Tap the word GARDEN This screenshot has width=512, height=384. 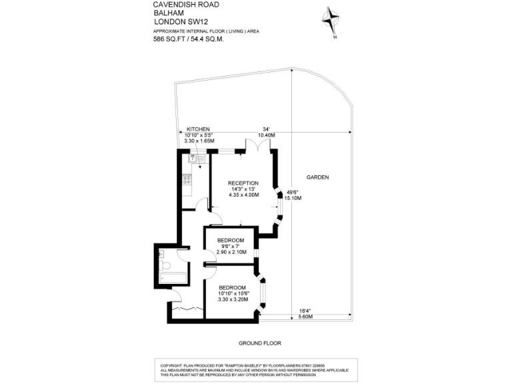click(317, 177)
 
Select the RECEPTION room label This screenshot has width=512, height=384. click(243, 183)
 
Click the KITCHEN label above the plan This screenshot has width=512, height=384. click(198, 129)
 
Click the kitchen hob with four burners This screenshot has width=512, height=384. click(188, 179)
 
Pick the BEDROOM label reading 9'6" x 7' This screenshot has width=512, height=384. click(231, 240)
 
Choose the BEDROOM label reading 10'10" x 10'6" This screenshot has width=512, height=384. click(233, 287)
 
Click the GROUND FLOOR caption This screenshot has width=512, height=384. click(260, 343)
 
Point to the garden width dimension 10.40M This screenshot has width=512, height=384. click(267, 135)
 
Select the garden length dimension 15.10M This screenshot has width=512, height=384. click(293, 198)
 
